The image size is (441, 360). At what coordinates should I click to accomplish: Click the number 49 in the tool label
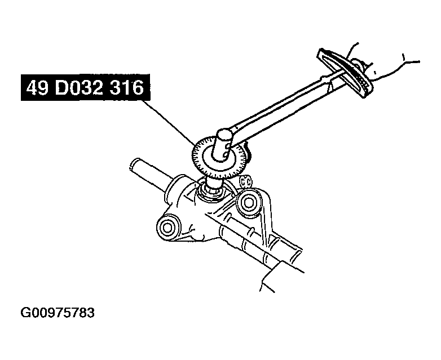point(38,90)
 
